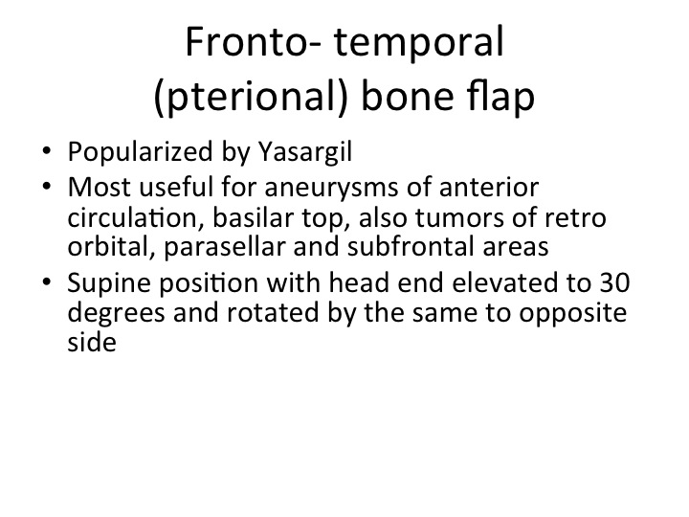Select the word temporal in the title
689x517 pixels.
(x=419, y=43)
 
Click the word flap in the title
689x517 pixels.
(x=500, y=97)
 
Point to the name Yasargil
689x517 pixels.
(x=305, y=152)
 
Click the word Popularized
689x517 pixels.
(x=141, y=152)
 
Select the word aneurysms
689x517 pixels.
(x=332, y=189)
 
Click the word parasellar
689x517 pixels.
(x=225, y=247)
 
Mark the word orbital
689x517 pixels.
(x=112, y=246)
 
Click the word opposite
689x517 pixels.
(x=572, y=313)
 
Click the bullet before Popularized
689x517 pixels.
(x=47, y=151)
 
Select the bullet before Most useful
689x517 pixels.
(x=47, y=187)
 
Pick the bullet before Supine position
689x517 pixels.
(x=47, y=281)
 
